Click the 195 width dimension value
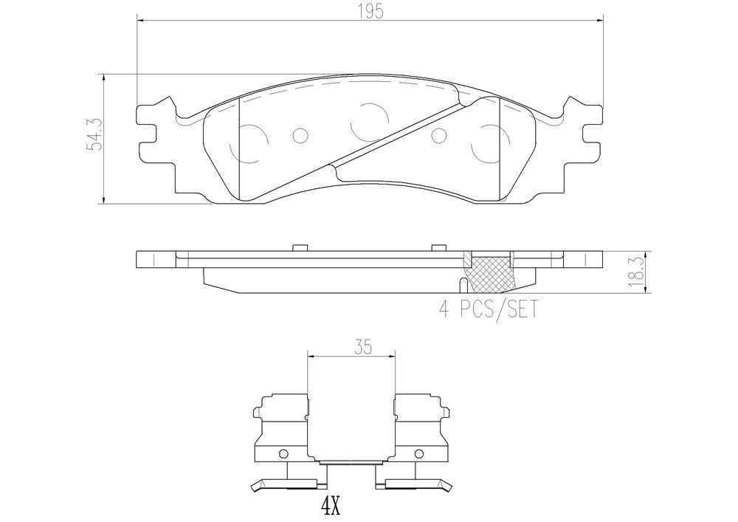click(370, 12)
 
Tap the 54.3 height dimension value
click(95, 135)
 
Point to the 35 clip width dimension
click(363, 348)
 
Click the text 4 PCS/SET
click(488, 309)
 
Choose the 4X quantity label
click(331, 507)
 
